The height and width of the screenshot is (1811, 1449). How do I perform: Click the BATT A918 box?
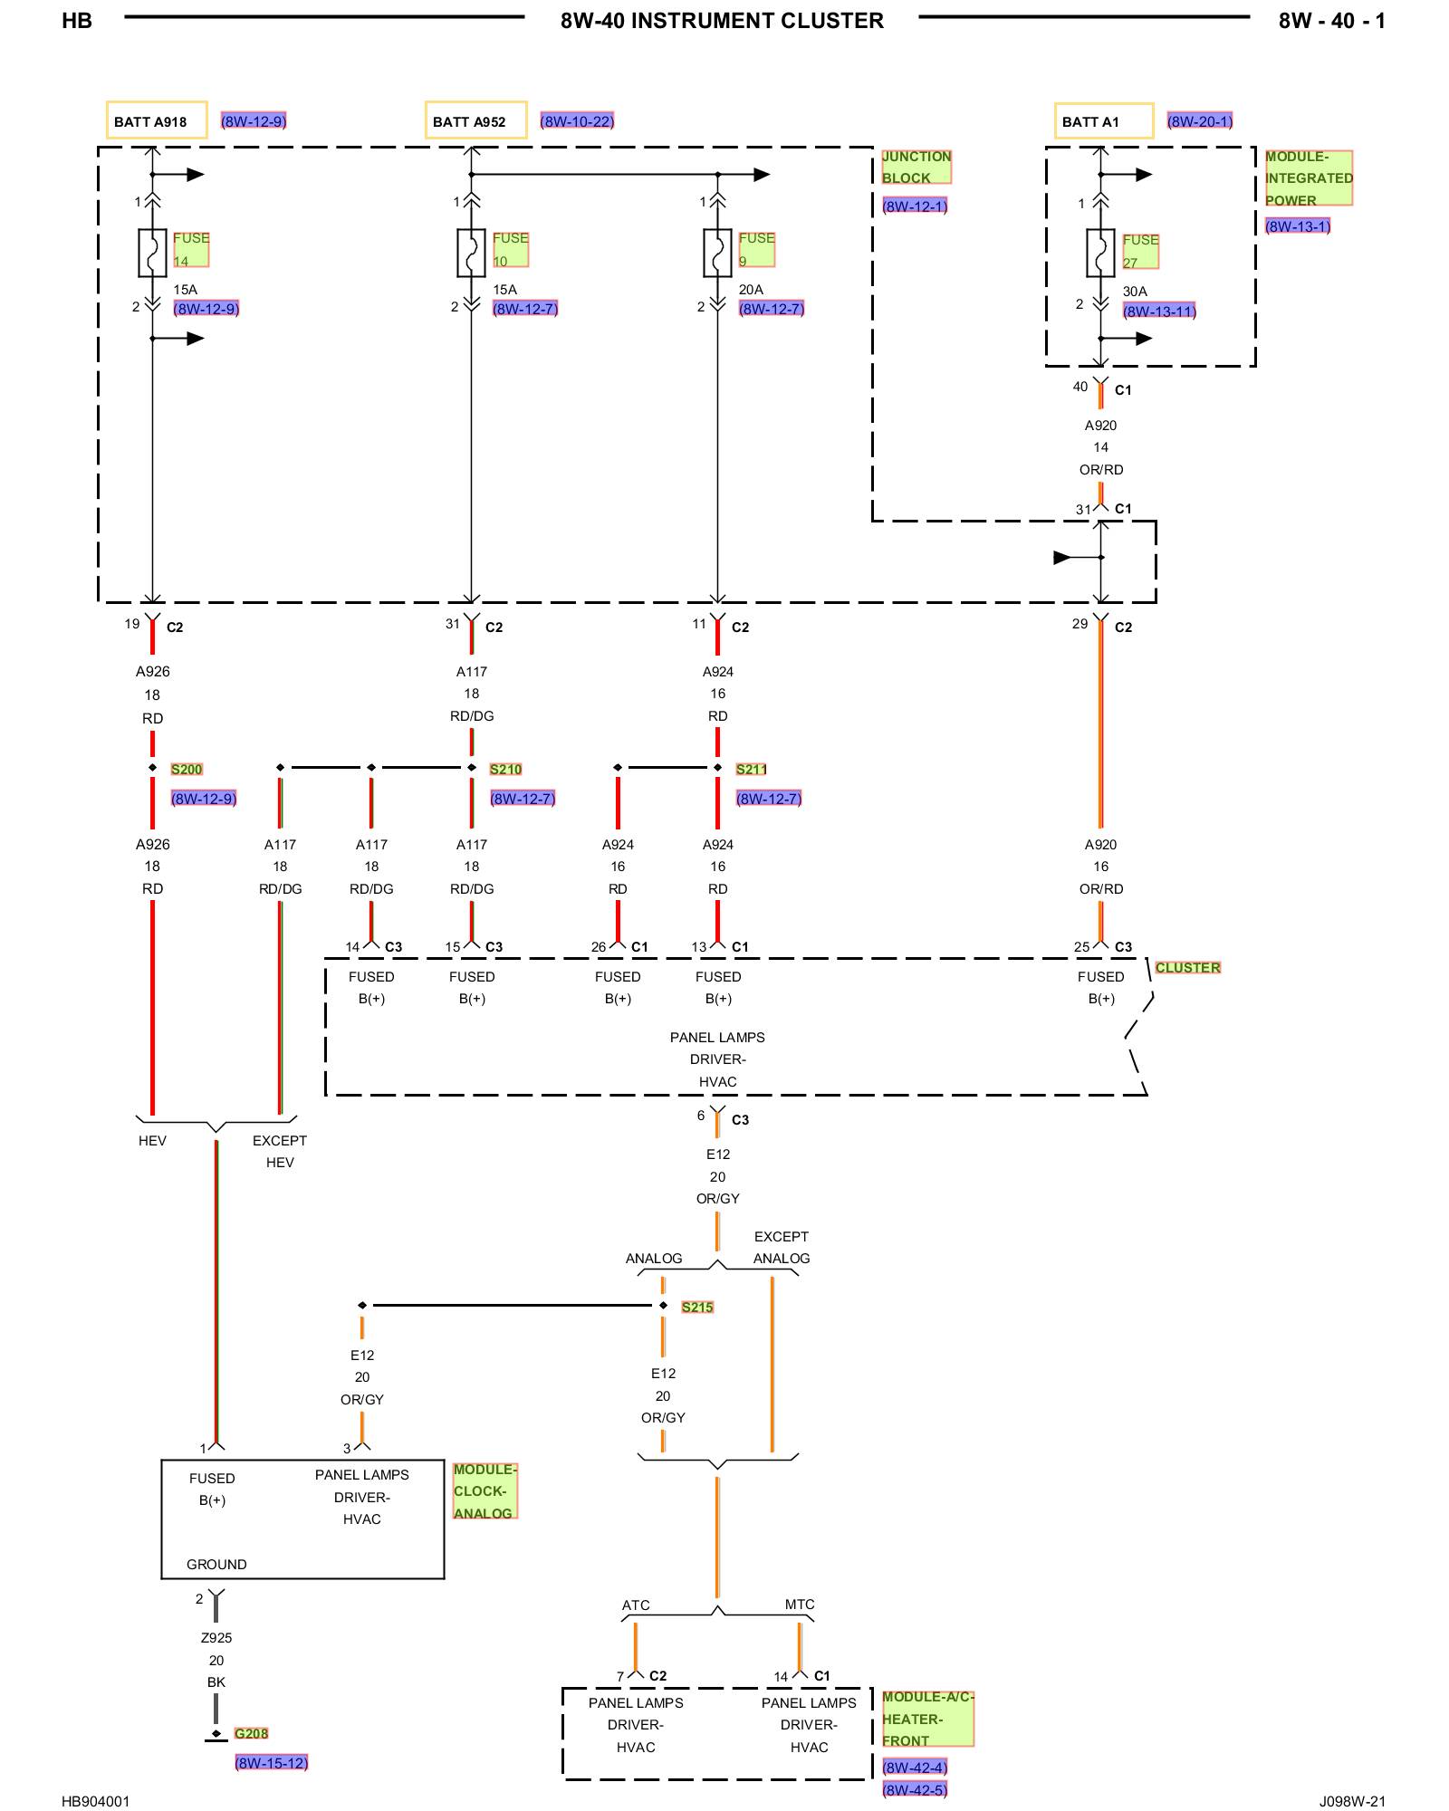157,120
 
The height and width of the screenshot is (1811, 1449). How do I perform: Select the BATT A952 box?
476,120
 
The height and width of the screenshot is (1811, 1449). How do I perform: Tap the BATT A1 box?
1104,120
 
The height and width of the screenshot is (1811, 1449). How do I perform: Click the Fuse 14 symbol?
152,253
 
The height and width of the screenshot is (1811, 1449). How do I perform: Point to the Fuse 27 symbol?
1100,253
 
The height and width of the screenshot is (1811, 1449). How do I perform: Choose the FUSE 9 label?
757,249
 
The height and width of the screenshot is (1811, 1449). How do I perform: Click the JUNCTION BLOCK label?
916,167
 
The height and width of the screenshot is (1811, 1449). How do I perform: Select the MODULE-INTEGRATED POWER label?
1309,178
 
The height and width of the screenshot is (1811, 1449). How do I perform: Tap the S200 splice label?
187,770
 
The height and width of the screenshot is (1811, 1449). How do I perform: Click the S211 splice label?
752,770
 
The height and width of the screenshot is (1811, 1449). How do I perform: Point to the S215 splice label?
697,1307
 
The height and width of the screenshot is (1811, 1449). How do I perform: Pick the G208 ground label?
251,1733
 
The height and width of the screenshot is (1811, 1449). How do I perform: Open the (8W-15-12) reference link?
272,1762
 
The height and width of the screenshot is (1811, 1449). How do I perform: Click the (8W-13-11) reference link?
1160,311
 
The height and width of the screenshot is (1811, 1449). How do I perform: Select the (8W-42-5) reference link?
916,1789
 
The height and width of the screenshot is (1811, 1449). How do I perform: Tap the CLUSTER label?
1188,968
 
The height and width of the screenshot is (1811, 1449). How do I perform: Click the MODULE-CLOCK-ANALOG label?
485,1491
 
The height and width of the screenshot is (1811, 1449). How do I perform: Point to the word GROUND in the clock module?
216,1564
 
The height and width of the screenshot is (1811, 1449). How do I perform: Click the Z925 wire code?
216,1637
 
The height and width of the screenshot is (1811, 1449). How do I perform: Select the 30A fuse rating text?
1135,292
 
